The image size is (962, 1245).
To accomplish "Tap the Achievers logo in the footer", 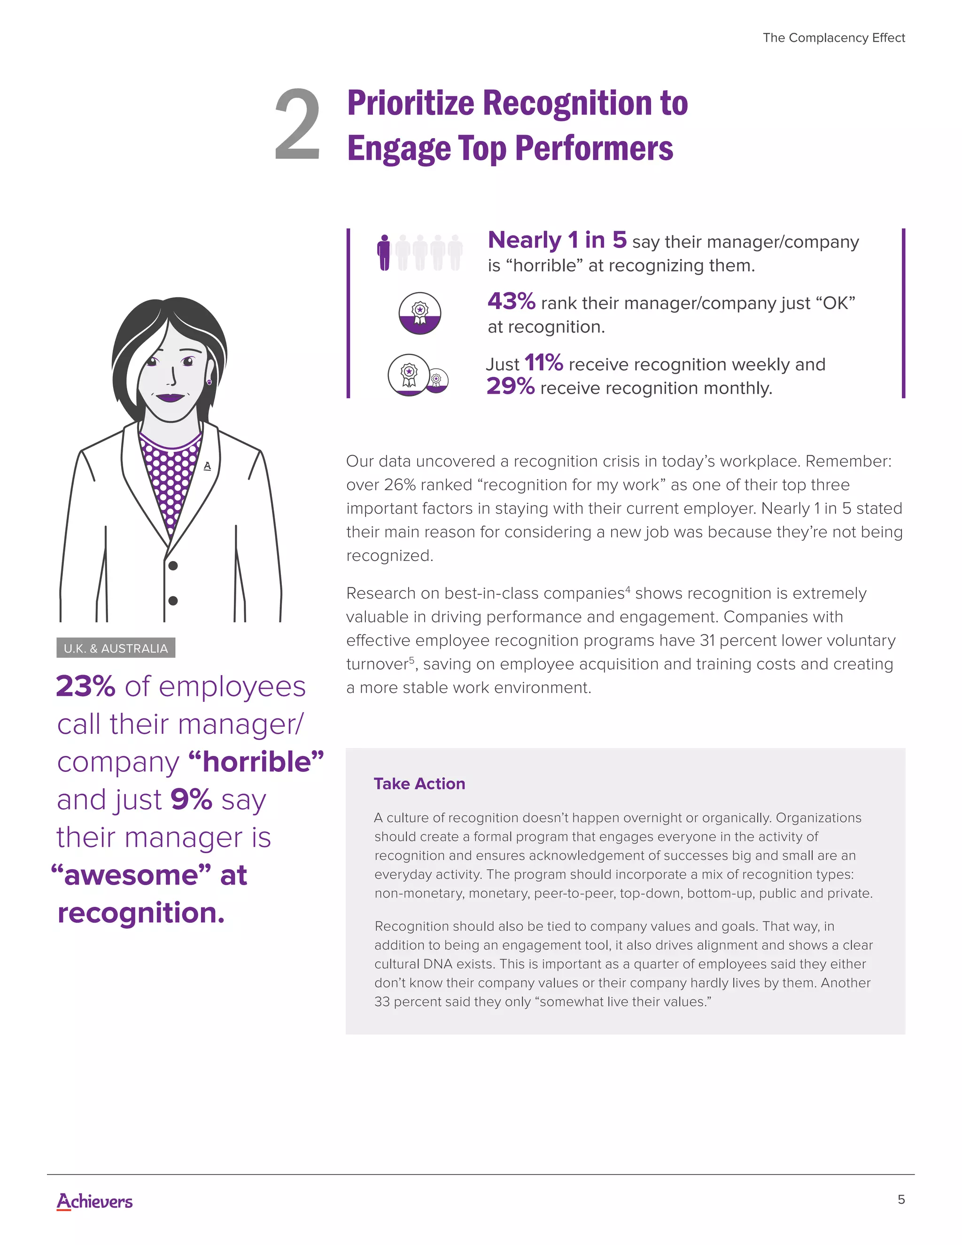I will click(x=94, y=1201).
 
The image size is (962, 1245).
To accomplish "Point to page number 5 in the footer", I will click(x=901, y=1199).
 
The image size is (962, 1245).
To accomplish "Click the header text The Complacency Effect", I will click(x=833, y=38).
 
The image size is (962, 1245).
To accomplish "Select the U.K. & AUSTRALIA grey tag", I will click(x=116, y=648).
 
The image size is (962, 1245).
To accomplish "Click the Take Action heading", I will click(x=419, y=784).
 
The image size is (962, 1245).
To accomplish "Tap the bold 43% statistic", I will click(x=511, y=301).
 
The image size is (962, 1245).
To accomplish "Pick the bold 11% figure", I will click(x=543, y=363).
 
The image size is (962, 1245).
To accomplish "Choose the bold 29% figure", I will click(x=511, y=387).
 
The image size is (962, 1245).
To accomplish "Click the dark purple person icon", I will click(x=385, y=253).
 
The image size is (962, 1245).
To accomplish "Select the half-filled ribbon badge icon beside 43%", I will click(x=419, y=313).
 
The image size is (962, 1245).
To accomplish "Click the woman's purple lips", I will click(x=170, y=397).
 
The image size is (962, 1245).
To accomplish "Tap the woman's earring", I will click(x=209, y=382).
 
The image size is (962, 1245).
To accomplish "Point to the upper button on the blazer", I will click(x=173, y=566).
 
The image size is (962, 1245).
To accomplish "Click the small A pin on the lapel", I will click(x=207, y=466).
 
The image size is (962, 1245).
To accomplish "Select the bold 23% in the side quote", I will click(x=85, y=686).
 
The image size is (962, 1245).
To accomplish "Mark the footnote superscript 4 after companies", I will click(x=628, y=588).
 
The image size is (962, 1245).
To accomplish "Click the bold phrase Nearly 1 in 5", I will click(x=557, y=240).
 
